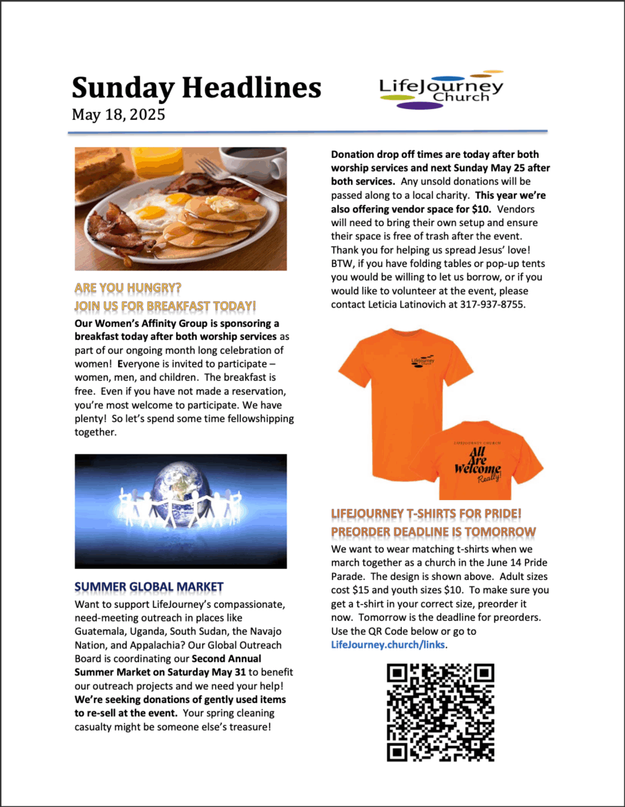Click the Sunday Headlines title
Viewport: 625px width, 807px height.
pos(196,88)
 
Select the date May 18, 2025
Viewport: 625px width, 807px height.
pos(118,114)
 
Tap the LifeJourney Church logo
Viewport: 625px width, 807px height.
pos(441,90)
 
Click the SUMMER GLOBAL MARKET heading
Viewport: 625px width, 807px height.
pos(148,587)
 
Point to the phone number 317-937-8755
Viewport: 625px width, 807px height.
pos(493,304)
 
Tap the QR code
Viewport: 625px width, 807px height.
pos(440,712)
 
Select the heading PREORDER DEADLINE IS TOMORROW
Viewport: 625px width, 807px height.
pos(433,532)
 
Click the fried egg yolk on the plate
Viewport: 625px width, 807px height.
pos(153,212)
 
